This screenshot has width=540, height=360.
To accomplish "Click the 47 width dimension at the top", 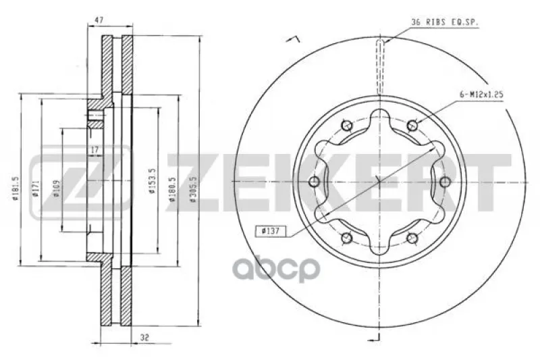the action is (99, 20).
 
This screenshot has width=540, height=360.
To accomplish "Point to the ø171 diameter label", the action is (36, 189).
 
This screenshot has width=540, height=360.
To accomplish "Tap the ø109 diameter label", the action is (57, 189).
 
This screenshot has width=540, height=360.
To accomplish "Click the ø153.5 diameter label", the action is (153, 180).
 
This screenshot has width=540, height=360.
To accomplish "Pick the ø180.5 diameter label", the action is (173, 189).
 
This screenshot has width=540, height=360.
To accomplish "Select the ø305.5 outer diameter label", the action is (193, 189).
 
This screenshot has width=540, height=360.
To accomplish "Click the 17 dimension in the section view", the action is (94, 150).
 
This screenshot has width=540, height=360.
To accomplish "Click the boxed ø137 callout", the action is (271, 231).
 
